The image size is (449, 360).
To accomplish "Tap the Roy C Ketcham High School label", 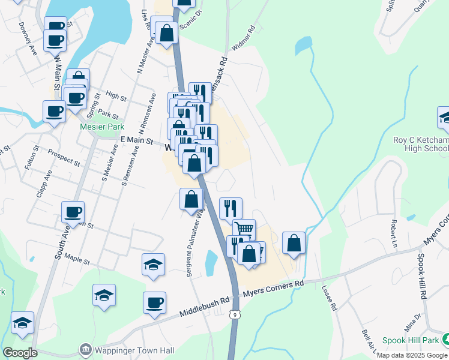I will (421, 144).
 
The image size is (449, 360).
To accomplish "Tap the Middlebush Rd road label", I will (205, 307).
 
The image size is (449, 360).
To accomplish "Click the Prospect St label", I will (64, 158).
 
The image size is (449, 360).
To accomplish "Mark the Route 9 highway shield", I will (235, 314).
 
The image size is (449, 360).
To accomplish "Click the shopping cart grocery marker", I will (244, 230).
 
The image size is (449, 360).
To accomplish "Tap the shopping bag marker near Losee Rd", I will (294, 243).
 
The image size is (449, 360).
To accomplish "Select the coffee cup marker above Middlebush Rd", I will (154, 302).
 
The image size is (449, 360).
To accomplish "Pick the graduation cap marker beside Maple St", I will (153, 264).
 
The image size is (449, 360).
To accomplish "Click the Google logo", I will (19, 352).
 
